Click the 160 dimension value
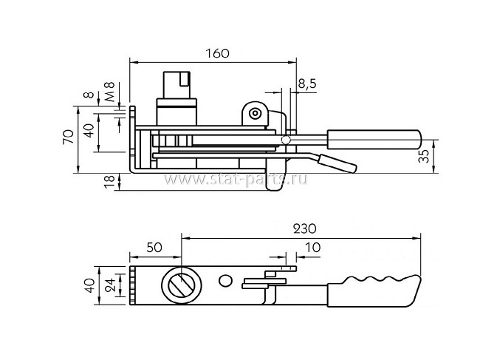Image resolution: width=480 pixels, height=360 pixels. [x=217, y=53]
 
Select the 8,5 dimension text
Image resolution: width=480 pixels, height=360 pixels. [x=307, y=84]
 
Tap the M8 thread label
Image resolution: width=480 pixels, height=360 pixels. [x=110, y=92]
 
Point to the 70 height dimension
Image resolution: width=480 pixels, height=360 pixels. [x=69, y=137]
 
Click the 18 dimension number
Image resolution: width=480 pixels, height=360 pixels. [x=110, y=181]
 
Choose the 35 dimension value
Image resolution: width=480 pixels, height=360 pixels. [x=424, y=156]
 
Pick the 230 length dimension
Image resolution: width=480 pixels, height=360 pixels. [x=304, y=228]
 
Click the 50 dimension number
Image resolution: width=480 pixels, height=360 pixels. [x=154, y=247]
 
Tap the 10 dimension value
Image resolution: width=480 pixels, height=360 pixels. [x=313, y=247]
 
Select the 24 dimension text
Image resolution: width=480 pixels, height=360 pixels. [x=110, y=285]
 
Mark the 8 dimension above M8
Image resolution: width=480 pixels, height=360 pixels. [x=89, y=94]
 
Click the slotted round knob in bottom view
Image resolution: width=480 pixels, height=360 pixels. [x=182, y=285]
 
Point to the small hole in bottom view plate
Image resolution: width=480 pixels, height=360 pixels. [x=226, y=280]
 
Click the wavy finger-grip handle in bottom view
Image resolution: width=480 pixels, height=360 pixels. [x=374, y=291]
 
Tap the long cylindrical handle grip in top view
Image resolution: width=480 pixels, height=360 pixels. [x=374, y=140]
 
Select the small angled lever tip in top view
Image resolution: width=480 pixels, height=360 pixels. [x=337, y=163]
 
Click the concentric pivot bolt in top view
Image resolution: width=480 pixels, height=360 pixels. [x=255, y=114]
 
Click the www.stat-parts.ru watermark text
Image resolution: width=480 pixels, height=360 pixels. [x=236, y=179]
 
